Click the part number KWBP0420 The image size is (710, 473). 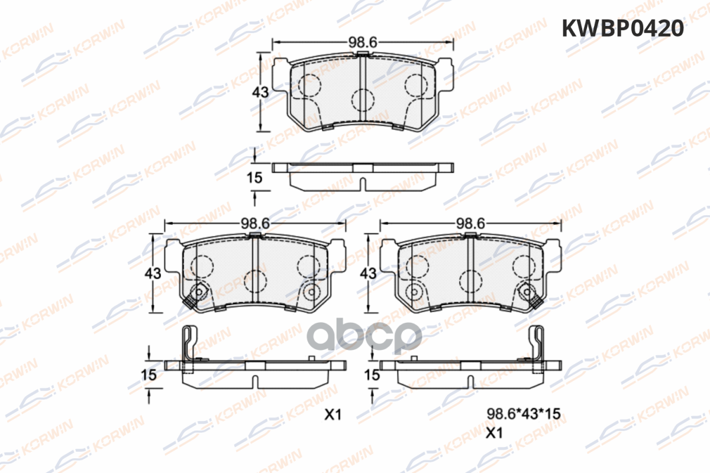pyautogui.click(x=622, y=28)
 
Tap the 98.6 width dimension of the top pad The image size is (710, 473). pyautogui.click(x=363, y=42)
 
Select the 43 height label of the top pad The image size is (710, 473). pyautogui.click(x=260, y=92)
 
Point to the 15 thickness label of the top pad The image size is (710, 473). pyautogui.click(x=254, y=178)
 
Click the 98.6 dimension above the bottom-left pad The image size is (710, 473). pyautogui.click(x=255, y=223)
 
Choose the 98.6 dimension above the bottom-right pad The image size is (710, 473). pyautogui.click(x=470, y=223)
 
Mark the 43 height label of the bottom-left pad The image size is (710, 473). pyautogui.click(x=153, y=273)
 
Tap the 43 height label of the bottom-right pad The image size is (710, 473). pyautogui.click(x=368, y=273)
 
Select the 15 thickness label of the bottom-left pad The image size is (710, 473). pyautogui.click(x=149, y=375)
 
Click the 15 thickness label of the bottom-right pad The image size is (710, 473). pyautogui.click(x=372, y=375)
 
